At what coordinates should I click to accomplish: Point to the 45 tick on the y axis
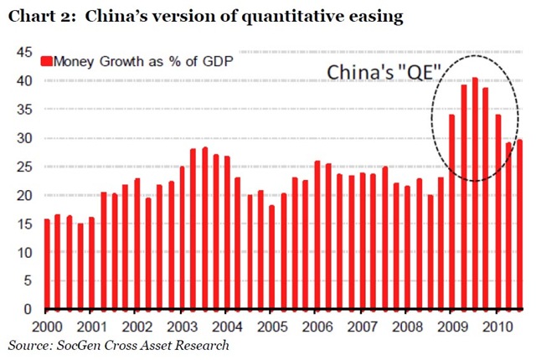coord(23,52)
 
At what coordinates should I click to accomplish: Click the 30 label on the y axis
coord(23,138)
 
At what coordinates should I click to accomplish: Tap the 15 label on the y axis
coord(23,224)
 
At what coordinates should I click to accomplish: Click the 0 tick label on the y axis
coord(27,310)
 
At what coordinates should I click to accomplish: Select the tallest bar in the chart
coord(475,193)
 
